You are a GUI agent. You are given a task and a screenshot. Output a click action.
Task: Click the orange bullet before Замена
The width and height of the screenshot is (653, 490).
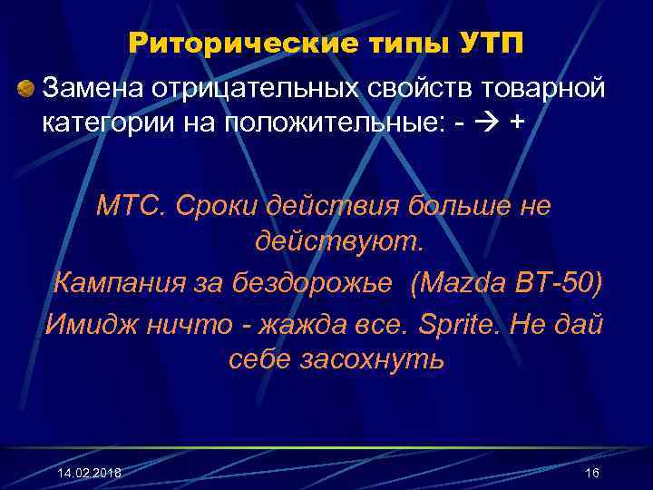pos(26,88)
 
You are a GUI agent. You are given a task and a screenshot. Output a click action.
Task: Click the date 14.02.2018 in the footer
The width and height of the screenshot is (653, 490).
pos(89,474)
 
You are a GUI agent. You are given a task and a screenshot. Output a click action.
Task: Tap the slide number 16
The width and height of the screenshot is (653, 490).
pos(592,474)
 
